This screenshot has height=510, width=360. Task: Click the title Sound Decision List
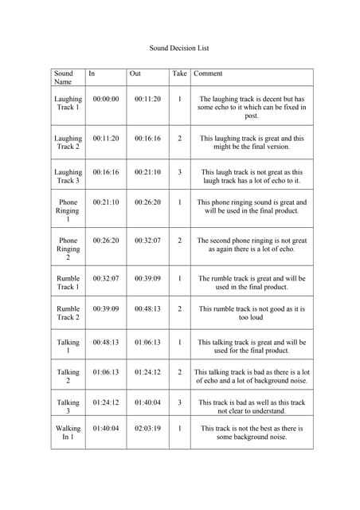(179, 48)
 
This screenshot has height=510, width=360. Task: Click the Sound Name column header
(63, 77)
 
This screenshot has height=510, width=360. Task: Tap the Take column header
(179, 73)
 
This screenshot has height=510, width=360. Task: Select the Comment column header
(208, 73)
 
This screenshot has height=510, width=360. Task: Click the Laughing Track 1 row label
(68, 104)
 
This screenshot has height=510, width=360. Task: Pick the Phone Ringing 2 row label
(68, 249)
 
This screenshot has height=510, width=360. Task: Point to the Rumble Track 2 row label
(68, 312)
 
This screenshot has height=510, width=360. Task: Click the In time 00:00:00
(106, 100)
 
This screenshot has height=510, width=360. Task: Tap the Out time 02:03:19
(147, 429)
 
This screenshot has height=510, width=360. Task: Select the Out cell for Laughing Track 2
(147, 138)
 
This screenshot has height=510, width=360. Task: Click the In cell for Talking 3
(106, 402)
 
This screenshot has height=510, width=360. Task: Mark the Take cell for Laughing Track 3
(179, 172)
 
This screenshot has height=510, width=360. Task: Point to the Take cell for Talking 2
(179, 372)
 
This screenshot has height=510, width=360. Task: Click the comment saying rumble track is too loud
(251, 312)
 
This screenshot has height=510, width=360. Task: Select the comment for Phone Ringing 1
(251, 207)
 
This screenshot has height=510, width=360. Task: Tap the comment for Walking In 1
(251, 433)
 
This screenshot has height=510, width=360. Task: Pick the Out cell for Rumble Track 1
(147, 279)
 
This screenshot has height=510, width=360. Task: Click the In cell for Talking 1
(106, 342)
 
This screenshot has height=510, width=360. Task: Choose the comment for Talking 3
(251, 406)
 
